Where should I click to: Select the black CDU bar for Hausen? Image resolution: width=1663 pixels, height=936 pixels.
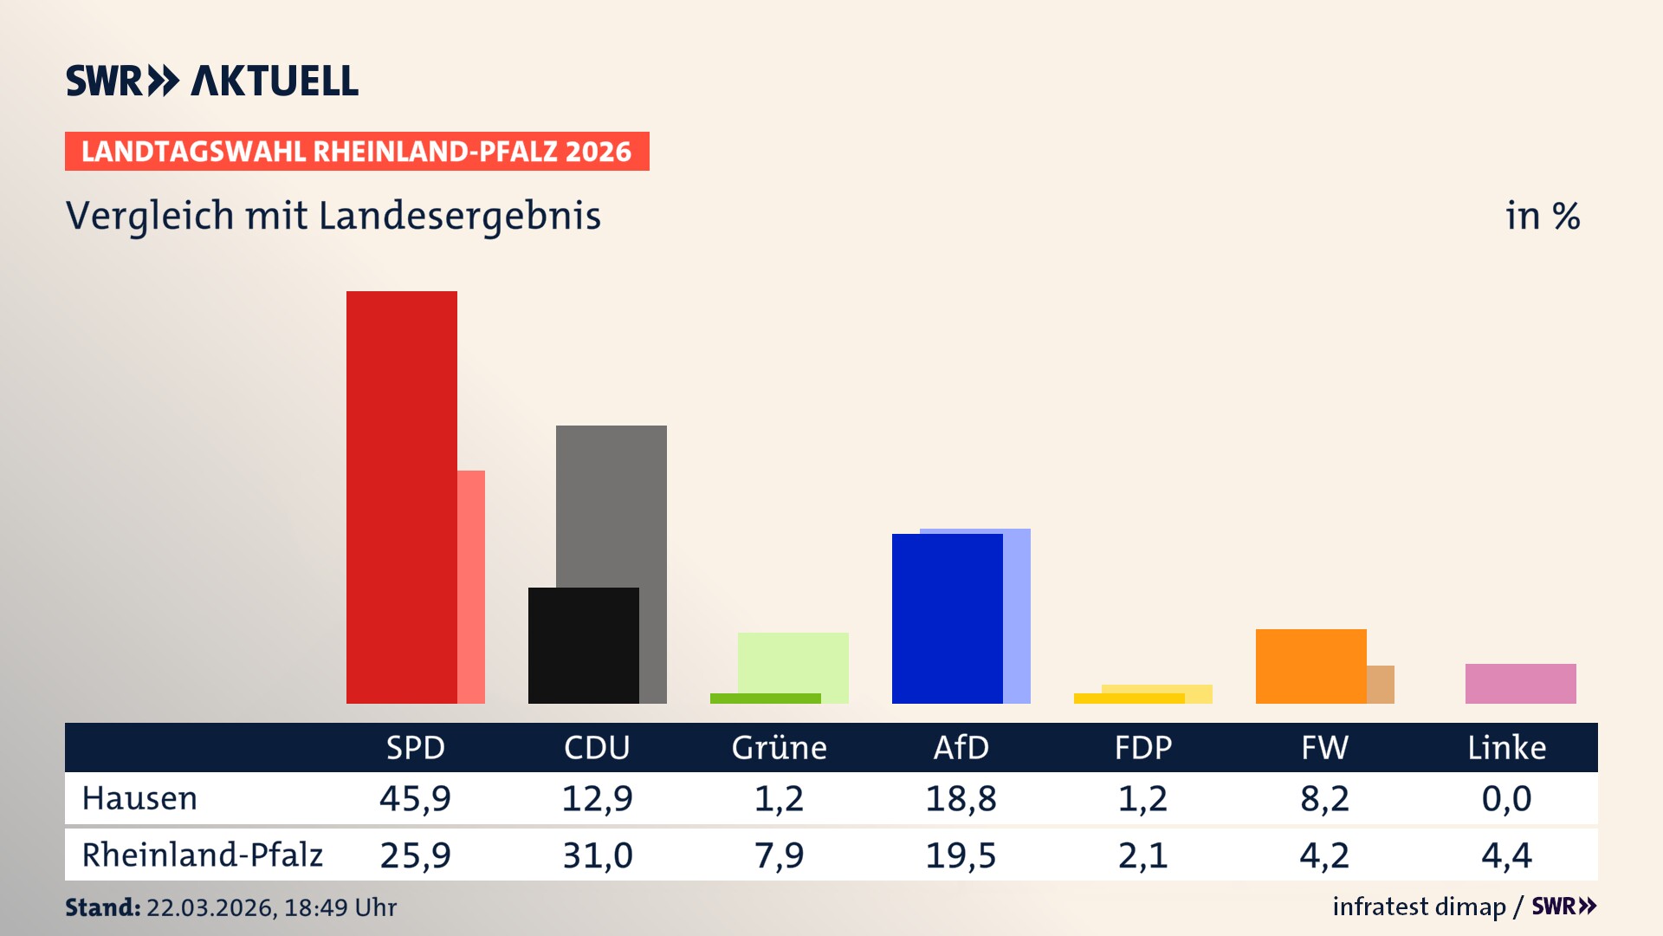click(x=583, y=646)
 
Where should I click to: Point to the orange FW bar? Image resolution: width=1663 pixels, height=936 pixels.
click(x=1310, y=666)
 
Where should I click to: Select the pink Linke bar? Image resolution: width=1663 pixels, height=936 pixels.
click(x=1520, y=683)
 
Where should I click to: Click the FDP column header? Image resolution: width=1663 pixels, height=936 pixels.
click(x=1142, y=747)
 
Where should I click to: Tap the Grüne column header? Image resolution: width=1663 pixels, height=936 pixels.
click(x=779, y=747)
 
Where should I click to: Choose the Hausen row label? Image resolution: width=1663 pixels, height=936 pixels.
click(x=139, y=798)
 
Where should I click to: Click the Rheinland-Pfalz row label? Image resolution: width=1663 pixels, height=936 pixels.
click(x=202, y=855)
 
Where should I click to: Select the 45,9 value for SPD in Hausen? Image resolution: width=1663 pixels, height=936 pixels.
click(x=415, y=798)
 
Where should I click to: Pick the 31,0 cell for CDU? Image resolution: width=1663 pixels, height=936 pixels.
click(x=597, y=855)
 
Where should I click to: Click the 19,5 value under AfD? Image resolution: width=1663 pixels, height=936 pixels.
click(x=961, y=855)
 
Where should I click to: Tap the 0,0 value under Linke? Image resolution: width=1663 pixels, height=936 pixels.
click(x=1506, y=798)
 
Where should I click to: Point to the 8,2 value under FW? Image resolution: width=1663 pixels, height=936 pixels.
click(x=1324, y=798)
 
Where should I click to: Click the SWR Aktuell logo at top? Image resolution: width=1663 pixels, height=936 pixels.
click(x=212, y=81)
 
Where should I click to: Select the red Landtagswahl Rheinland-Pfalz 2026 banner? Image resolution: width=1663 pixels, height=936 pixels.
click(x=357, y=152)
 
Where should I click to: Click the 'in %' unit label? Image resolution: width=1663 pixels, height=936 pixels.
click(x=1543, y=217)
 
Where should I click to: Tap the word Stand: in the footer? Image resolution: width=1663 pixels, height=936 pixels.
click(x=102, y=907)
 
